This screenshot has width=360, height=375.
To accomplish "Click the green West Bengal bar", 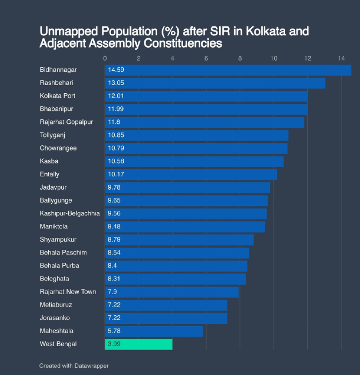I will (x=139, y=344).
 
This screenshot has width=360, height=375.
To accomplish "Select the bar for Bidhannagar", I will (x=228, y=70).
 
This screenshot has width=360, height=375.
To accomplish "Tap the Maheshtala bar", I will (x=154, y=331).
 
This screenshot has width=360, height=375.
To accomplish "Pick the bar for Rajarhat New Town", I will (x=172, y=292).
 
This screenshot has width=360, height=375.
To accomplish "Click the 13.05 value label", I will (x=116, y=83).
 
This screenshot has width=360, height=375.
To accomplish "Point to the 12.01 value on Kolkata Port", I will (x=116, y=96).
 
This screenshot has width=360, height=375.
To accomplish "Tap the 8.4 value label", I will (x=112, y=266).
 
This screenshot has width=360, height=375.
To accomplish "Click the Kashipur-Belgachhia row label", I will (x=70, y=213).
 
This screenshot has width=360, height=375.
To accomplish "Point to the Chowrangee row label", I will (x=58, y=148).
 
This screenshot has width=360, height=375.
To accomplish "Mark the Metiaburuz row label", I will (x=56, y=305).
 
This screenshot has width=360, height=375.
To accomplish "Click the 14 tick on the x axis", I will (x=341, y=58).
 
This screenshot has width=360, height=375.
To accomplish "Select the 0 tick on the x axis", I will (x=105, y=58).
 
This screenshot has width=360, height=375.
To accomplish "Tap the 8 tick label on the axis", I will (x=240, y=58).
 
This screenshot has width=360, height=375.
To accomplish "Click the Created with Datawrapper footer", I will (x=74, y=366).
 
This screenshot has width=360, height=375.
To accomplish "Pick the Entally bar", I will (x=191, y=174).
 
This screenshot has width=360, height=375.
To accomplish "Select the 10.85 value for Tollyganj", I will (x=116, y=135).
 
